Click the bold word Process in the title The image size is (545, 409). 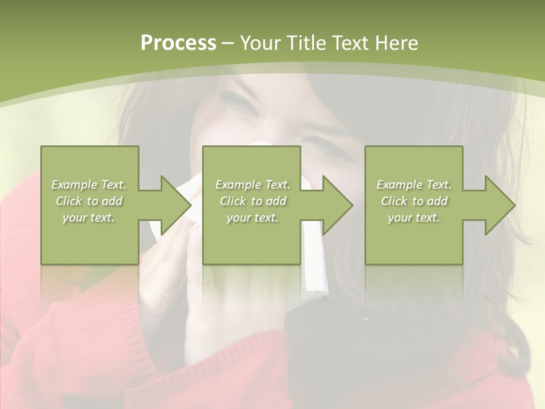click(x=178, y=43)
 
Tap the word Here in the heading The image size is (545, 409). click(x=397, y=43)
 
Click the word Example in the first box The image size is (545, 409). click(x=74, y=185)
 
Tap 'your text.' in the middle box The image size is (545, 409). click(x=252, y=218)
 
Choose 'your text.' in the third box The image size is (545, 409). click(x=413, y=218)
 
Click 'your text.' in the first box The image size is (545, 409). click(x=88, y=218)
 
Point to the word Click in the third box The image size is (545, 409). click(x=394, y=201)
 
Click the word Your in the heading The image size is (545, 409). click(x=260, y=43)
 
